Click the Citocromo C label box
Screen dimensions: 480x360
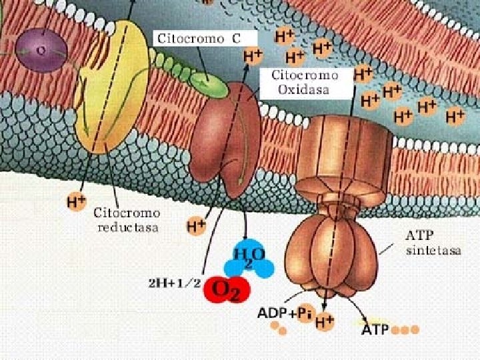coord(205,38)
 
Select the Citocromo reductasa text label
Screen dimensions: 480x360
coord(127,220)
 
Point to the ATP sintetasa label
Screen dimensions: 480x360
coord(433,243)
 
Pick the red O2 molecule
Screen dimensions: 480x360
coord(227,289)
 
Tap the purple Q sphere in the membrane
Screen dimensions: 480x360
coord(41,50)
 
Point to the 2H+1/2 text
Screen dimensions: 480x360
coord(175,283)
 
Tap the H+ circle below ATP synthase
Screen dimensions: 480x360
coord(324,321)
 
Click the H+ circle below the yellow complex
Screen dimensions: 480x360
coord(76,202)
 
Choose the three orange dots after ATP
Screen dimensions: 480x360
coord(405,330)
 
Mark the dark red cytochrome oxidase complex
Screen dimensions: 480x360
coord(225,139)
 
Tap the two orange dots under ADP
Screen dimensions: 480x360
coord(279,328)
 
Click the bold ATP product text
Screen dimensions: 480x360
coord(375,329)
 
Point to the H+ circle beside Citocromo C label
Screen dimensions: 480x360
coord(253,57)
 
